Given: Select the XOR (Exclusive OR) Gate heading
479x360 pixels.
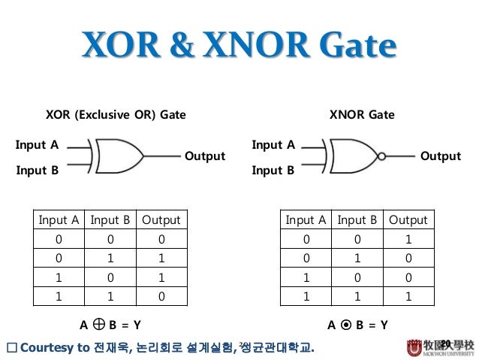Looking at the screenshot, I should click(x=116, y=115).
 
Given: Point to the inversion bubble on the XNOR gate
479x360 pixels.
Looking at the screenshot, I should click(x=381, y=157).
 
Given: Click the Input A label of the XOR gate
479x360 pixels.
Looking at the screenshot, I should click(x=38, y=144).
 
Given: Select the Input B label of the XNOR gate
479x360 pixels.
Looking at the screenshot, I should click(x=273, y=170).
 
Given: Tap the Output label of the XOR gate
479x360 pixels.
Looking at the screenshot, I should click(x=204, y=156).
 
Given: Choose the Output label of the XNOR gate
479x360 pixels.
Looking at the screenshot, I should click(x=440, y=156).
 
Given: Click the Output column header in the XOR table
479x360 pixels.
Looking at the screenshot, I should click(x=161, y=220).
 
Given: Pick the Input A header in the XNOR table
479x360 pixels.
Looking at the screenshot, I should click(x=305, y=220).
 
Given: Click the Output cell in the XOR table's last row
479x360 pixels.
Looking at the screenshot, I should click(x=161, y=295).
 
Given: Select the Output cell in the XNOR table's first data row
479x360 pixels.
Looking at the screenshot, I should click(x=408, y=240).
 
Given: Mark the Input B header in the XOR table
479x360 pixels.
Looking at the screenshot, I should click(x=110, y=220).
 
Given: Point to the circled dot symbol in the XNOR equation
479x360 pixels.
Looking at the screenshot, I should click(x=345, y=325).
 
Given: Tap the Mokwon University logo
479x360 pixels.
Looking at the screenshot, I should click(x=441, y=346).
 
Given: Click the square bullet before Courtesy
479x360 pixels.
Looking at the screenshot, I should click(x=11, y=347).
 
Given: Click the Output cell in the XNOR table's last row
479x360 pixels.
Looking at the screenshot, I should click(x=408, y=295).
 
